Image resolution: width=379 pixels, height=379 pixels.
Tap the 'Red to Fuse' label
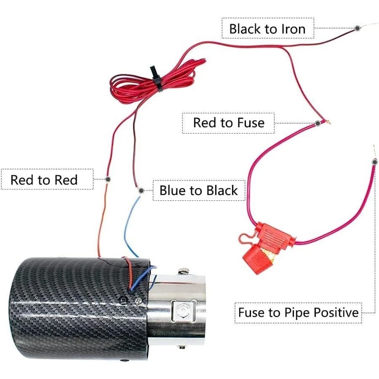point(228,123)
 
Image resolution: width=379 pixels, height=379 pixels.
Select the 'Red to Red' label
point(44,180)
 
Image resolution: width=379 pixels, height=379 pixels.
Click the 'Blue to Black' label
point(198,190)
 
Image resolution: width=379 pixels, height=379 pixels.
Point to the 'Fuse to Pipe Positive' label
point(298,313)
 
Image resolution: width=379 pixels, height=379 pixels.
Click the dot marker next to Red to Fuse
point(318,123)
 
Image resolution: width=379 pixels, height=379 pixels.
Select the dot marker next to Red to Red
point(108,180)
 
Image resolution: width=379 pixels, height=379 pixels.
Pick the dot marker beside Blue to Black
point(141,190)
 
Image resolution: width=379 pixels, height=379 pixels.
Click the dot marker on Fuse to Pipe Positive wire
point(374,162)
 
